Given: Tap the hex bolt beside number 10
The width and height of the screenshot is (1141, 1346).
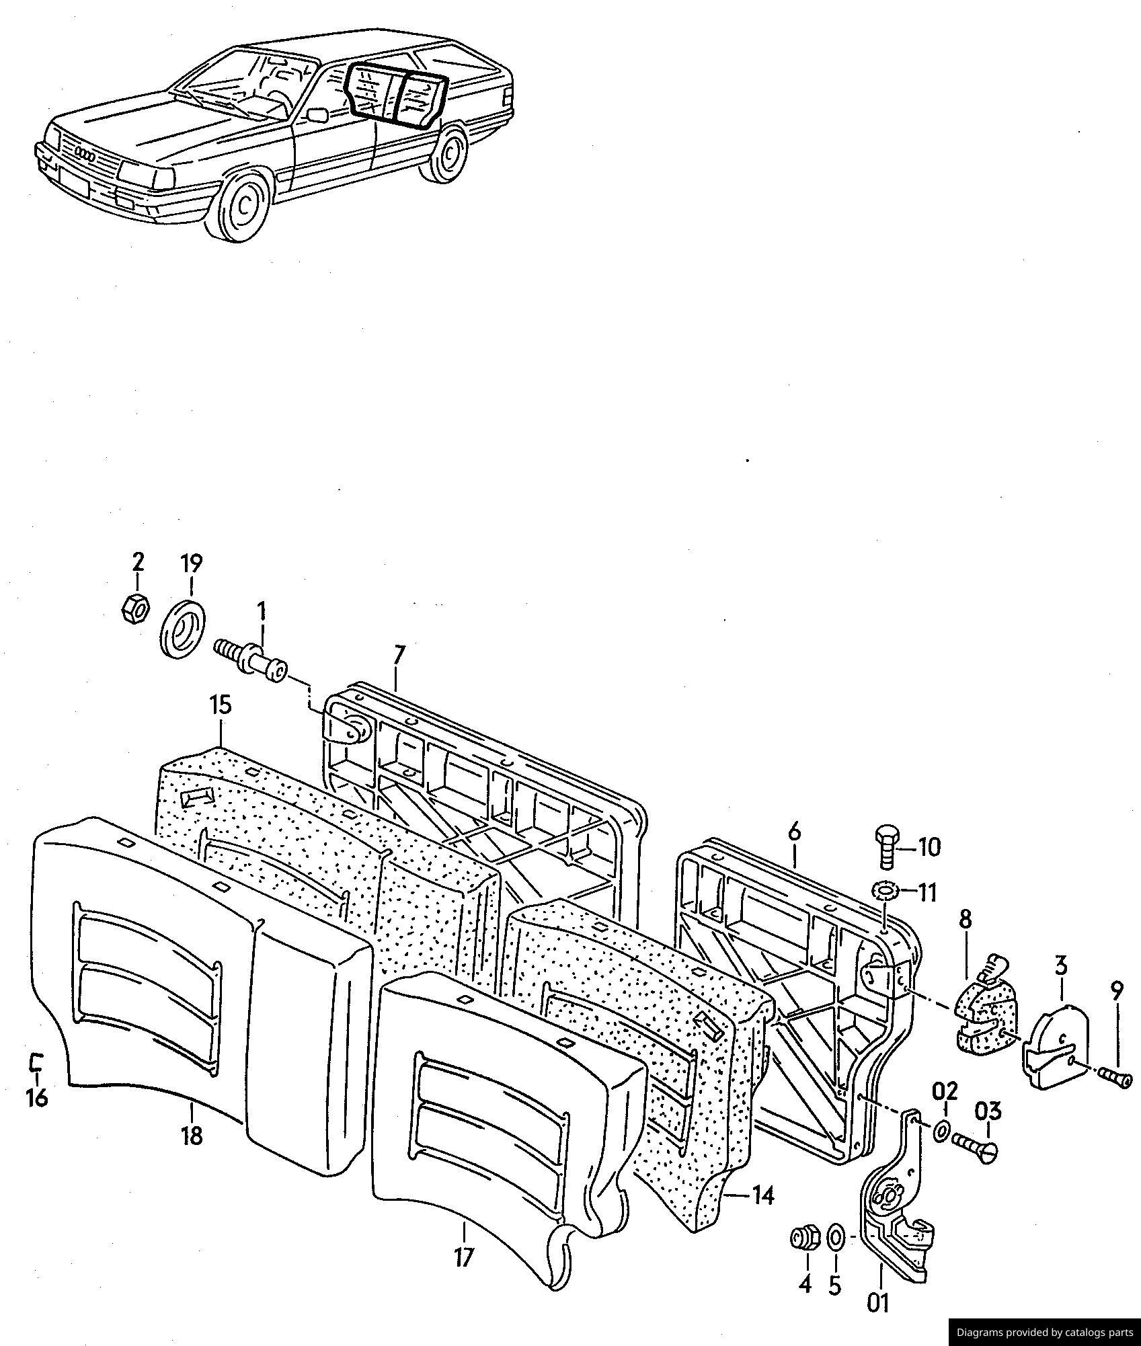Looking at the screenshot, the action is [885, 848].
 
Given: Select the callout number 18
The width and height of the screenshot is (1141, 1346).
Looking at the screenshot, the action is [191, 1136].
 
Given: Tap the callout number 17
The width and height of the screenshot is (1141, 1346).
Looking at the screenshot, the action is [464, 1256].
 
